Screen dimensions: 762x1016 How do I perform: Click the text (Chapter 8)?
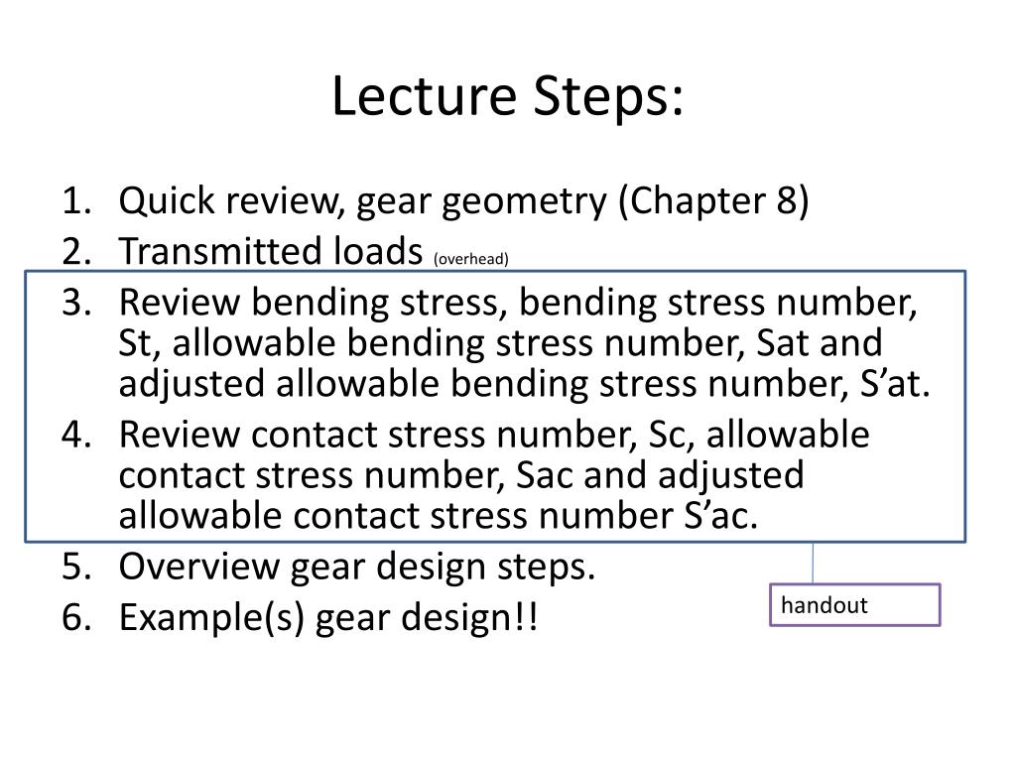713,202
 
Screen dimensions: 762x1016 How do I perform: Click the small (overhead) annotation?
470,259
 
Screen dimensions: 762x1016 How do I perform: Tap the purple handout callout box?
854,605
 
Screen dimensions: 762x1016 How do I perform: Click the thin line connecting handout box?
814,563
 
